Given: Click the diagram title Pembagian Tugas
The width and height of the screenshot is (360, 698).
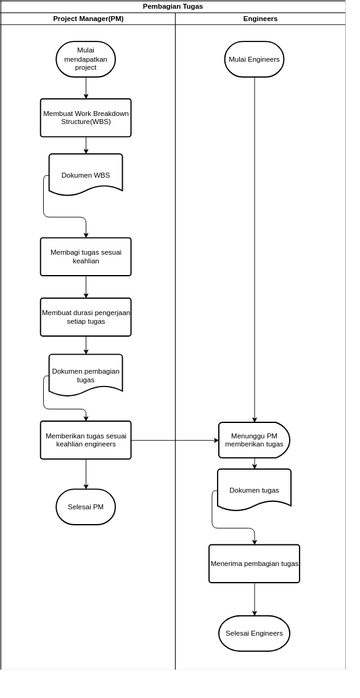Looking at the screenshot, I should click(172, 6).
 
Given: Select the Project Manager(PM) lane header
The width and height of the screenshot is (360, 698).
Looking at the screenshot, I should click(88, 19).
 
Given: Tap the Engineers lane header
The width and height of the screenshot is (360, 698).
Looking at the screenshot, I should click(260, 19).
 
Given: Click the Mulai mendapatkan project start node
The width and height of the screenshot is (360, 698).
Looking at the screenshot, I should click(86, 59).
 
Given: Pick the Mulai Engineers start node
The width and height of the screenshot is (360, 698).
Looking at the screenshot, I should click(254, 59).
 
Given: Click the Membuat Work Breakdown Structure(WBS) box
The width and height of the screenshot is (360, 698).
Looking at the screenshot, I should click(86, 117).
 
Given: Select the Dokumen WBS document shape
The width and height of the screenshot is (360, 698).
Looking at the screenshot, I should click(86, 174).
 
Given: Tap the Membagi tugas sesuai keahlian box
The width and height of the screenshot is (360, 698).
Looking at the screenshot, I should click(86, 256).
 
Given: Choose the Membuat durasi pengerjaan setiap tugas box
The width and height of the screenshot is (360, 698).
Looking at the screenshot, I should click(86, 316).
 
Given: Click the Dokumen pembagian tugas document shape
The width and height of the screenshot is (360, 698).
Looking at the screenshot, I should click(86, 374).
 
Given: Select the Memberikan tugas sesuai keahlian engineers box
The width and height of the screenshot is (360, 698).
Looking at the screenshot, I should click(86, 439).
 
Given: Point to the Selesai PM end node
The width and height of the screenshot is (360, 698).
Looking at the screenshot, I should click(86, 506).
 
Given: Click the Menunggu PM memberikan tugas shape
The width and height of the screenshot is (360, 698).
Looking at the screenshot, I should click(255, 439).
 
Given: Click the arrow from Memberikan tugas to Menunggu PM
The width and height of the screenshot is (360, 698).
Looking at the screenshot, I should click(175, 440).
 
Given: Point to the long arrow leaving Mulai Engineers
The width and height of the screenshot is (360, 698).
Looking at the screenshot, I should click(254, 250).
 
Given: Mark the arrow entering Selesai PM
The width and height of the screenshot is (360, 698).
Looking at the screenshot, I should click(86, 474).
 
